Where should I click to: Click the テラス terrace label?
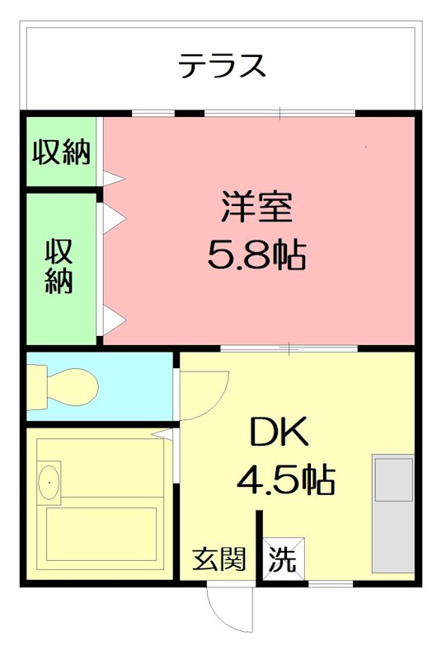point(223,64)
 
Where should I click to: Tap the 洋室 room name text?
point(256,207)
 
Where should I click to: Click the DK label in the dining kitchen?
point(279,431)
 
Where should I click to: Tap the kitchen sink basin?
point(394,480)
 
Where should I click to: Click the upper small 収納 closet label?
point(61,152)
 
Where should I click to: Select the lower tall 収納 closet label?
point(59,265)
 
